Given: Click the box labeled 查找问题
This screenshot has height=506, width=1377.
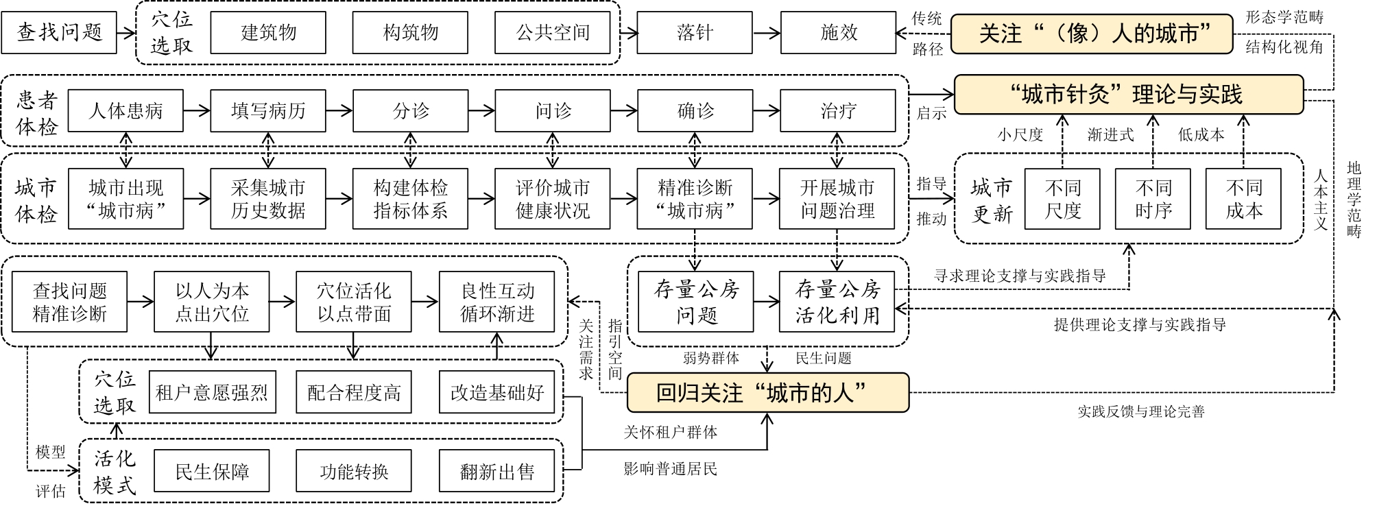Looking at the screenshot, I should point(59,32).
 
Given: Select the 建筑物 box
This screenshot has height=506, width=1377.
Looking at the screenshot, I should point(268,32).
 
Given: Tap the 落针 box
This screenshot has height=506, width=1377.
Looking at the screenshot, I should point(695,32).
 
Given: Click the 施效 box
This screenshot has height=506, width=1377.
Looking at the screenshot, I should point(838,32).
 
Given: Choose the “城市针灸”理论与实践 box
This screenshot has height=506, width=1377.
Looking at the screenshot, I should point(1128,95).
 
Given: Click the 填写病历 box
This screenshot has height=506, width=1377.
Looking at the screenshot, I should point(268,110).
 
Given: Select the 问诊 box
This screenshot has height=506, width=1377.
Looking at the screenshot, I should point(553,110).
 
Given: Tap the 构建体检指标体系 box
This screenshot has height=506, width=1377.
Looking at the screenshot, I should point(410,199).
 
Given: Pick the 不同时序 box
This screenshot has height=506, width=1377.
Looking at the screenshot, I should point(1153,199).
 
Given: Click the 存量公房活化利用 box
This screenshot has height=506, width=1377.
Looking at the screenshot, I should point(837,302).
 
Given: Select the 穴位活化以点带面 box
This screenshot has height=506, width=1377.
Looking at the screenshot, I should point(354,302).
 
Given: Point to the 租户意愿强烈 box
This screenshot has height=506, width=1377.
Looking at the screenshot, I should point(212,393).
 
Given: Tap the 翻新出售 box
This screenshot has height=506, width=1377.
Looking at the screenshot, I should point(496,472).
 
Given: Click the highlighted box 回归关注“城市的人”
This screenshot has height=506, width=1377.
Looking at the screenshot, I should point(768,393).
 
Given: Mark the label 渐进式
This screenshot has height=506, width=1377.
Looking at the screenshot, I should point(1110,135).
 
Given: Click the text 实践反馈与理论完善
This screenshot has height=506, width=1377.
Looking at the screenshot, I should point(1140,411).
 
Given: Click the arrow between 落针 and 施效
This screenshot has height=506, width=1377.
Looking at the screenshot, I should point(766,32).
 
